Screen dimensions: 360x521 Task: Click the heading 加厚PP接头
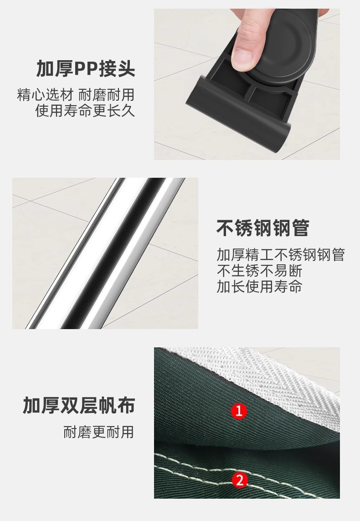[x=86, y=68]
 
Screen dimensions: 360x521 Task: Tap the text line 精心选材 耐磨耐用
[x=76, y=95]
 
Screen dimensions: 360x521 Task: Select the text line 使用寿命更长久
[x=85, y=110]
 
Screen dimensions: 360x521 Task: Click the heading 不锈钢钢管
[x=262, y=228]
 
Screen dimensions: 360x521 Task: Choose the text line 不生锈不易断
[x=259, y=270]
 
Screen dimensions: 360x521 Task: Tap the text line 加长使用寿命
[x=259, y=286]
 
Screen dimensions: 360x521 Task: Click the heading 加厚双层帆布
[x=79, y=405]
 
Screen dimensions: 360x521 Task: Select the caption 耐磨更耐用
[x=98, y=432]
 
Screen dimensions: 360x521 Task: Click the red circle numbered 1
[x=239, y=411]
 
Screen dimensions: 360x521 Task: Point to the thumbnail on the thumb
[x=242, y=57]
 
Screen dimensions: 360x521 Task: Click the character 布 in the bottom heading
[x=126, y=405]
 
